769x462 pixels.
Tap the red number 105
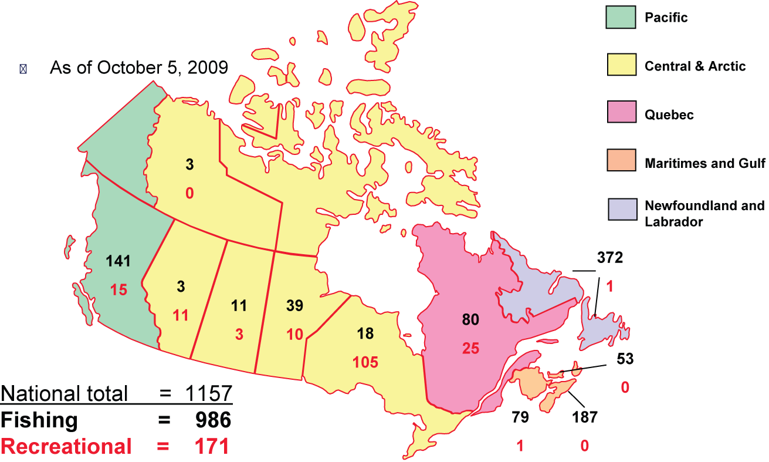(x=365, y=362)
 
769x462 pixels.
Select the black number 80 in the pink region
(x=470, y=320)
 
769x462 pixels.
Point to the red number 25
(x=470, y=348)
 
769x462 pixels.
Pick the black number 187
(x=585, y=417)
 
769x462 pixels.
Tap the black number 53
(x=625, y=359)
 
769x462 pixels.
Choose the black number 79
(x=520, y=417)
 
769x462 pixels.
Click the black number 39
(x=296, y=305)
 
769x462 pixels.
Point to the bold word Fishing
(x=39, y=420)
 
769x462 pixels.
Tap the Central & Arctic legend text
(x=695, y=66)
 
